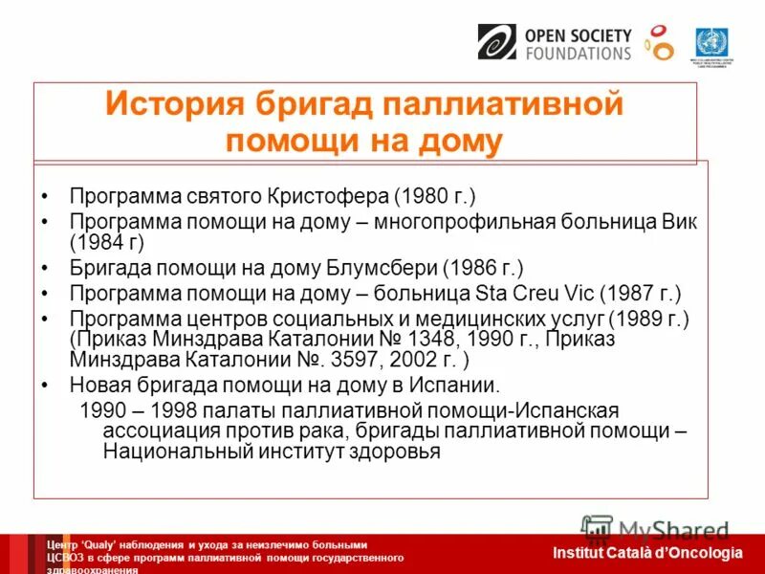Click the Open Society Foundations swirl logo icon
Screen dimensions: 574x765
click(x=496, y=43)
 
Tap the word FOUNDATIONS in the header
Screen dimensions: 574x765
click(x=578, y=55)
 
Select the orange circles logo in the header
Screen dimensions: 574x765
click(x=659, y=42)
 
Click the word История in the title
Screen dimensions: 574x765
click(x=171, y=103)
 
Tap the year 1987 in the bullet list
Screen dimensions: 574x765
click(x=625, y=293)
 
